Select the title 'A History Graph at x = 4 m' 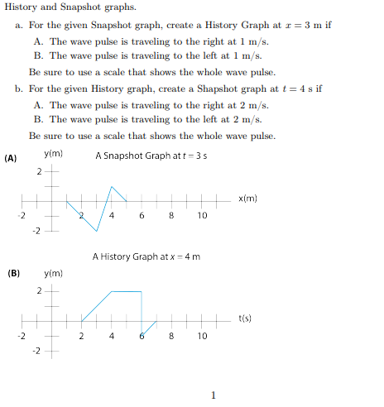coord(146,256)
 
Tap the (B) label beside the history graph coord(13,272)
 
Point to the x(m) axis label coord(248,199)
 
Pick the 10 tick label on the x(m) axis coord(202,216)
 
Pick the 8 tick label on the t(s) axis coord(171,337)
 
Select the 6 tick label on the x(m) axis coord(142,216)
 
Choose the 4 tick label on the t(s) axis coord(111,337)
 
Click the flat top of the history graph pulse coord(126,291)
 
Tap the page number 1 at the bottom coord(214,395)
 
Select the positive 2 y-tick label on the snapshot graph coord(38,172)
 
